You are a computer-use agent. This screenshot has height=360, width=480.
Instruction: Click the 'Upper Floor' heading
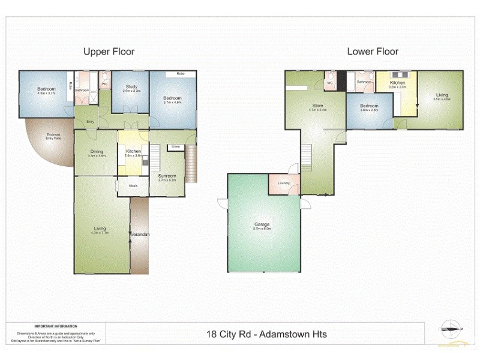pos(109,52)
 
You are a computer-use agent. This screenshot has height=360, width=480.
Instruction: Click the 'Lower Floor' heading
pos(373,52)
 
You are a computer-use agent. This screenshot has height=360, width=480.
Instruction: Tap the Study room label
pos(131,88)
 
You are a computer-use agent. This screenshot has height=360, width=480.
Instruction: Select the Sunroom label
pos(167,176)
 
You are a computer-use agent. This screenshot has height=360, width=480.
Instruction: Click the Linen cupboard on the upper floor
pos(175,146)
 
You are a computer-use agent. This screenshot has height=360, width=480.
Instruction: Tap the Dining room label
pos(96,152)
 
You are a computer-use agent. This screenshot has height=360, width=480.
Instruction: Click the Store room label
pos(317,107)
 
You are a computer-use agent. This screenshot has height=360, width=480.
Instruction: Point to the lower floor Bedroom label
pos(369,107)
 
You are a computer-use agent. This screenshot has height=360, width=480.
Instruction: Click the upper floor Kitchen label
pos(134,152)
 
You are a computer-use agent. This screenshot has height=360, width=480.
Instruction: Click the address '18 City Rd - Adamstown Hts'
pos(266,334)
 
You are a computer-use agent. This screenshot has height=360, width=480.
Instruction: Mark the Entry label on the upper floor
pos(90,121)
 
